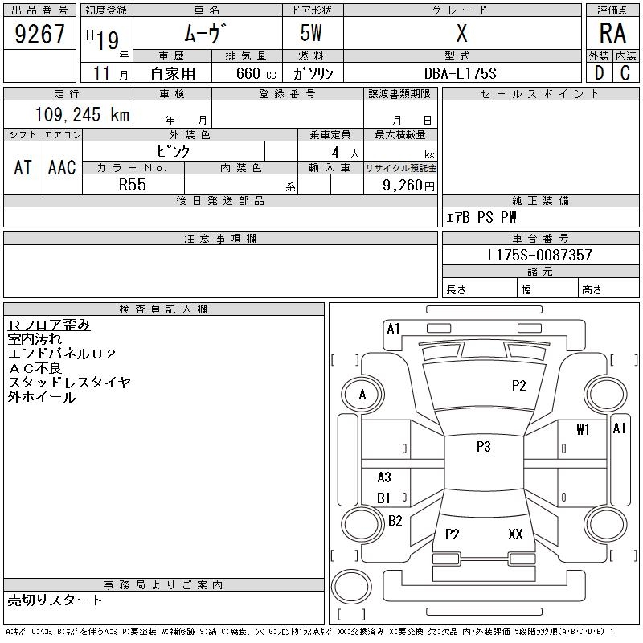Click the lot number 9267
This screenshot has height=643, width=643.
pos(39,34)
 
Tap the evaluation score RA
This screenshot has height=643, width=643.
pos(612,34)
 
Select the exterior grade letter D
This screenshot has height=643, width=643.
pos(599,72)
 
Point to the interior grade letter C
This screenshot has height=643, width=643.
pos(625,72)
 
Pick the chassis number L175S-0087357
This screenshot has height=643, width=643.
pos(540,255)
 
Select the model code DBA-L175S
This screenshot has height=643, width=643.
pos(461,73)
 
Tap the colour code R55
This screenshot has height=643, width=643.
pos(132,184)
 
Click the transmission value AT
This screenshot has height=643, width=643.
pos(23,167)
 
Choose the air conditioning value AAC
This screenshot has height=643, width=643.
pos(62,167)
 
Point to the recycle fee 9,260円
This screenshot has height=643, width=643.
pos(410,185)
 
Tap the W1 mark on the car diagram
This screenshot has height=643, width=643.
pos(583,430)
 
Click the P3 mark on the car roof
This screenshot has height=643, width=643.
pos(483,447)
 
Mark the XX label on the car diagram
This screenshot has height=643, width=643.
pos(515,534)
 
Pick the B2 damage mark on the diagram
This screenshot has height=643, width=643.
pos(395,521)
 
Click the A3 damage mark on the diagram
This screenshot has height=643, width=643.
pos(384,477)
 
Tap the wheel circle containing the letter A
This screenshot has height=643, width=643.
pos(362,395)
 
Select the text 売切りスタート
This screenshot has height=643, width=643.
pos(55,600)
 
